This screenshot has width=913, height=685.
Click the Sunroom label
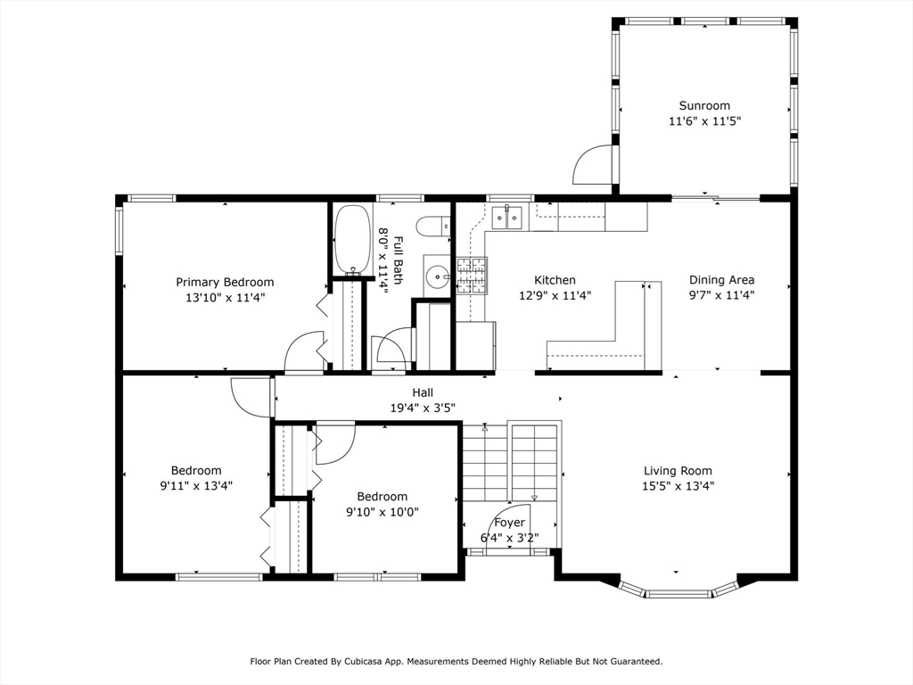[x=704, y=105]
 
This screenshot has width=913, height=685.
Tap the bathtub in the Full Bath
[x=352, y=239]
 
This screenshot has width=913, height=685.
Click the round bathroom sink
[x=437, y=276]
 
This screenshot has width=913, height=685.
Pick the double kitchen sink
[x=507, y=218]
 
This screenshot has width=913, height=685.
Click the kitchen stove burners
[x=472, y=276]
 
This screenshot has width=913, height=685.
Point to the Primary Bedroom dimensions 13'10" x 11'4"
[x=226, y=298]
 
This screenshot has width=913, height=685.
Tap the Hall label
[x=423, y=392]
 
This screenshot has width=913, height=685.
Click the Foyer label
[x=509, y=523]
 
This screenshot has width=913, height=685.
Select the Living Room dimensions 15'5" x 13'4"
[x=679, y=486]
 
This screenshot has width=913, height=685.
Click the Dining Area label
[x=722, y=279]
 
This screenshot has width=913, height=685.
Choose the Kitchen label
[x=555, y=280]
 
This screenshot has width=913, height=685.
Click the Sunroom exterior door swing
[x=592, y=164]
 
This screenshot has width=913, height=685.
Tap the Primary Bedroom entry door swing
[x=303, y=351]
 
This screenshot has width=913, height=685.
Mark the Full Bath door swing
[x=393, y=349]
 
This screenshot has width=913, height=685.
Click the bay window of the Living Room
[x=678, y=590]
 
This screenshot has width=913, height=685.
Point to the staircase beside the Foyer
[x=511, y=460]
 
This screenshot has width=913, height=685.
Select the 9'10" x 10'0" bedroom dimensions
[x=382, y=512]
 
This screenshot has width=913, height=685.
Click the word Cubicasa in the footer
[x=363, y=662]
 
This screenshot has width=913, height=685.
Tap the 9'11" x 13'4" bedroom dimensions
[x=196, y=486]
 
